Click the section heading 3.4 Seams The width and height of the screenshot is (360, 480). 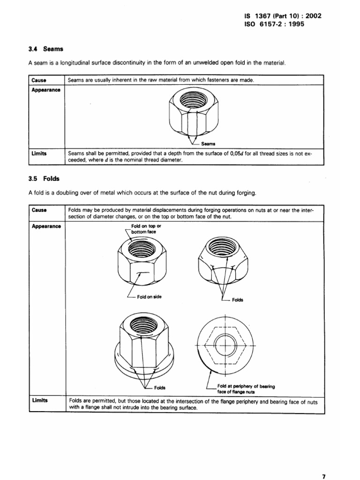(46, 48)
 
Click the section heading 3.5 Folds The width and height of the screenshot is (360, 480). (45, 178)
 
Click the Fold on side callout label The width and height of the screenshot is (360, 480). (149, 297)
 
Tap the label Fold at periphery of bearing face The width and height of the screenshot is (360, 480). (246, 388)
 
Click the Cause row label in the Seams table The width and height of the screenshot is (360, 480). (38, 80)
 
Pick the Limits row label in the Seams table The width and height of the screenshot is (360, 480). (39, 153)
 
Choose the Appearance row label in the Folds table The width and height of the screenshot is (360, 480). (46, 225)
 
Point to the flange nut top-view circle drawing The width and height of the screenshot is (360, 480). (225, 346)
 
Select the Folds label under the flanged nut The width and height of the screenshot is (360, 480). (160, 388)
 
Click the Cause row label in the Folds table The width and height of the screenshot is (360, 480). (38, 210)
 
